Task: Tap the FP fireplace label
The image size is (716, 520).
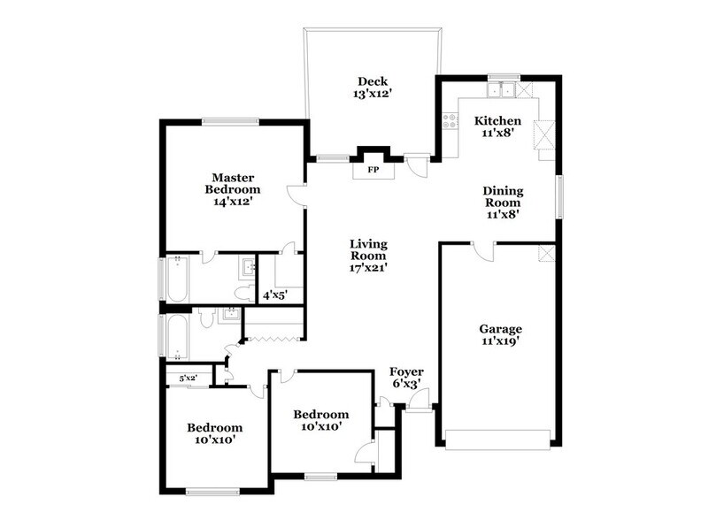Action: (373, 169)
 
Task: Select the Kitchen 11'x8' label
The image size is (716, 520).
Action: (497, 126)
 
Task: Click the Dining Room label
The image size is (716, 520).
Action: (502, 201)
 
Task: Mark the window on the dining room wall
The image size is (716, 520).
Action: (558, 195)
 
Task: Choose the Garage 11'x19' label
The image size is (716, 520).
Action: (500, 335)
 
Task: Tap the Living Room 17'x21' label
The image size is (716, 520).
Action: (369, 255)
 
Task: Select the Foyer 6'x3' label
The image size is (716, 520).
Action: (406, 378)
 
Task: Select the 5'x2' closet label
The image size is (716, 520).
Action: (187, 379)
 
